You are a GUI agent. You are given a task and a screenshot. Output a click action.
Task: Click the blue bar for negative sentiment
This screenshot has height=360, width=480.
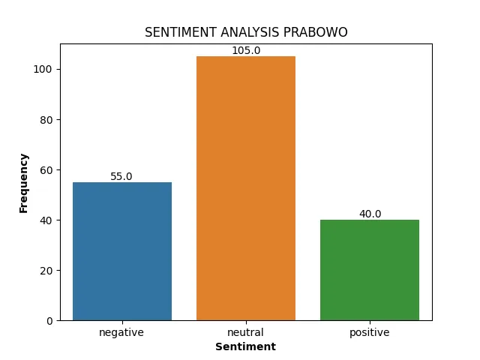(x=122, y=251)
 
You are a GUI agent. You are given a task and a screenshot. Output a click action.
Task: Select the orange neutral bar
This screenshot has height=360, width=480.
(x=246, y=188)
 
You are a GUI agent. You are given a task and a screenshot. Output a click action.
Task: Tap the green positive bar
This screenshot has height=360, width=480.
(x=370, y=270)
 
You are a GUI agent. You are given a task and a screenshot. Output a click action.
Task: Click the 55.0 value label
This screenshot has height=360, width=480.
(x=121, y=176)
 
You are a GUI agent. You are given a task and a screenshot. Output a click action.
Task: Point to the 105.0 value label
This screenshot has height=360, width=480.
(x=246, y=50)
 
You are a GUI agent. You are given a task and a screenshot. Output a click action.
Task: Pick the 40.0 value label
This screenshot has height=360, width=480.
(x=370, y=214)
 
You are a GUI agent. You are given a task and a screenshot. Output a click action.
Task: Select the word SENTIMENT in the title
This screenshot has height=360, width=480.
(x=181, y=32)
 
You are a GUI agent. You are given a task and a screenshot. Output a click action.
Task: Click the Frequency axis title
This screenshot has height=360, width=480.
(x=23, y=183)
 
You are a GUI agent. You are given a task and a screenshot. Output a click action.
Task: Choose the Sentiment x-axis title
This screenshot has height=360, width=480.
(x=245, y=346)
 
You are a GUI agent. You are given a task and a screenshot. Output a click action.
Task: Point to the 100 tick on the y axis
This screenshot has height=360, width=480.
(x=43, y=69)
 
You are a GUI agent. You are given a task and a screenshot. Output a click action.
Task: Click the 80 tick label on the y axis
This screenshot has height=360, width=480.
(x=46, y=120)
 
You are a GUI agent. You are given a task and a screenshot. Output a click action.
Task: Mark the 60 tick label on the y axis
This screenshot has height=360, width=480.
(x=46, y=170)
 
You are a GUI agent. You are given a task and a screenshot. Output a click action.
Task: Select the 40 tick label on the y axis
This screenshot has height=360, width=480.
(x=46, y=220)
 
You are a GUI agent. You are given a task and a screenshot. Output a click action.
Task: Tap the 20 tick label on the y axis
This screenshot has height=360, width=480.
(x=46, y=271)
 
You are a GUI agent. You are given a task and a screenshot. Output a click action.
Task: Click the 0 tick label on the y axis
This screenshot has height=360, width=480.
(x=49, y=321)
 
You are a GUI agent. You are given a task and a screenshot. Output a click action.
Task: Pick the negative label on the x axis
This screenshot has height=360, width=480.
(x=121, y=333)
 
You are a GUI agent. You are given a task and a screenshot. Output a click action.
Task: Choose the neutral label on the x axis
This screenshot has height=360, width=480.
(x=245, y=332)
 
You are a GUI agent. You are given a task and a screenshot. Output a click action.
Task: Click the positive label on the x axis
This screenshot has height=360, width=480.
(x=370, y=333)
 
